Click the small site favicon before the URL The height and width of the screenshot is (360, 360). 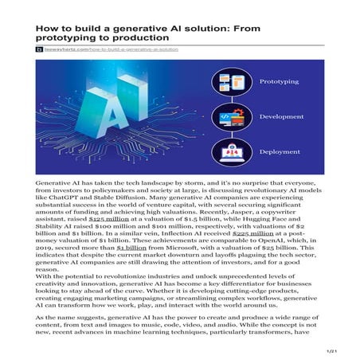pos(37,49)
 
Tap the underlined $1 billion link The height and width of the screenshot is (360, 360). pos(131,253)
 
